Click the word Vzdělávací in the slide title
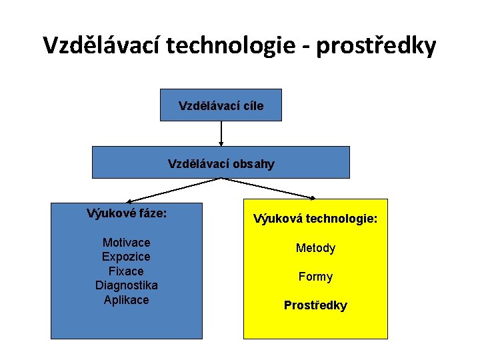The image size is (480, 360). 101,45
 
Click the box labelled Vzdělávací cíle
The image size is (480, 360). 221,105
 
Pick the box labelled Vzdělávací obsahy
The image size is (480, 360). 221,163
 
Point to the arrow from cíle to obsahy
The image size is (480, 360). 221,133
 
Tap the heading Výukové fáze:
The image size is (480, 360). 127,214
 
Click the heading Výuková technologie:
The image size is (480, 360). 315,218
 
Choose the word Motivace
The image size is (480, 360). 127,242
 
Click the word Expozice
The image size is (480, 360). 127,257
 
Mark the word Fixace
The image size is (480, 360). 127,271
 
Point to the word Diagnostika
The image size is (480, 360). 127,285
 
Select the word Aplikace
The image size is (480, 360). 127,300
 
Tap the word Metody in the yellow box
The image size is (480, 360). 315,248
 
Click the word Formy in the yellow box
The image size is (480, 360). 315,277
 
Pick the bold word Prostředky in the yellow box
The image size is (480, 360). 315,305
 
